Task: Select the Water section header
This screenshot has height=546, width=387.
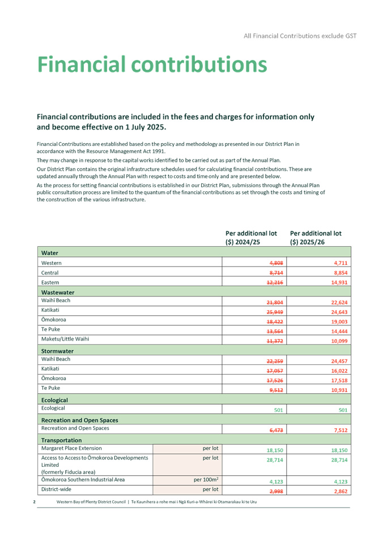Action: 50,253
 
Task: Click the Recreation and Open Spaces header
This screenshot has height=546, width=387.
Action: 79,420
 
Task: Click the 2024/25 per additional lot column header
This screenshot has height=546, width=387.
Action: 252,237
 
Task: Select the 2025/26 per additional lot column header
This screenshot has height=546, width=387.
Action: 316,237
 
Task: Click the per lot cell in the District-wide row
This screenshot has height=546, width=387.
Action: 210,489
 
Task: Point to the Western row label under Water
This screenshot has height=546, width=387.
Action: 51,263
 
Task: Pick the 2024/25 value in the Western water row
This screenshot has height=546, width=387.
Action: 276,263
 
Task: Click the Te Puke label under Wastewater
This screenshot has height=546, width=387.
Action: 50,329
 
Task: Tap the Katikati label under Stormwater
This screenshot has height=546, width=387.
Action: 50,368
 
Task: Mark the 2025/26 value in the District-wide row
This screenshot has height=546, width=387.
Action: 339,490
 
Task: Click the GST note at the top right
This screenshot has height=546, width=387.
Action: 300,36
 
